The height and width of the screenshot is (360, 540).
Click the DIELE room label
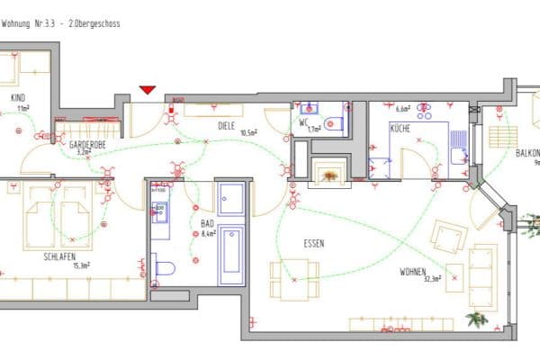click(226, 127)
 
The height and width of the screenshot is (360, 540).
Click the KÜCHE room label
click(400, 129)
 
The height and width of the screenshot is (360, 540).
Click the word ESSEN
click(314, 243)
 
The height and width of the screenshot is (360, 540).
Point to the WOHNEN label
click(416, 271)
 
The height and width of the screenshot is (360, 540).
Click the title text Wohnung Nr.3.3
click(40, 22)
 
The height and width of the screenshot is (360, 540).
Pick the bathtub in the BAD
click(231, 255)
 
